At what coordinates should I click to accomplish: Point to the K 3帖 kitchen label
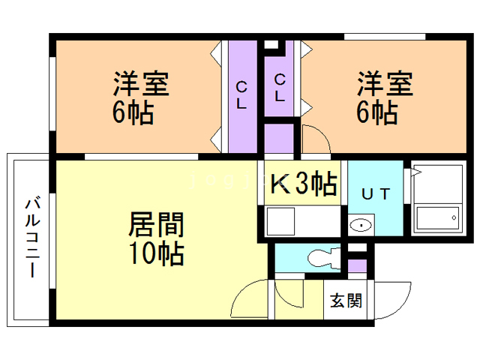tap(302, 183)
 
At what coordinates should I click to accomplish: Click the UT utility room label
tap(376, 193)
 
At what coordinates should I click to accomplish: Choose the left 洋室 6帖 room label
tap(140, 97)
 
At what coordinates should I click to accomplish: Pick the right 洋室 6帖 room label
tap(384, 97)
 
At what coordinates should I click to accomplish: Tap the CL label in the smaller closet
tap(279, 87)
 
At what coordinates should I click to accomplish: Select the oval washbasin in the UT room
tap(361, 224)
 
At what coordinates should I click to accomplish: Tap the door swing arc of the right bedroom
tap(315, 141)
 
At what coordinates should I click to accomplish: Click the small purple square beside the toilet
tap(358, 264)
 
